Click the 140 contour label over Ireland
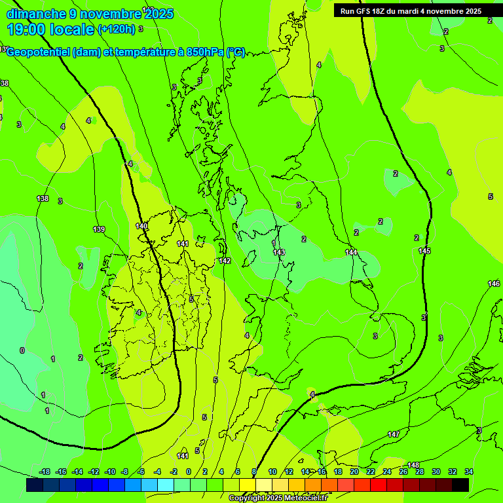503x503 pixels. (x=141, y=226)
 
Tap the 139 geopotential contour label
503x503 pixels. (x=99, y=229)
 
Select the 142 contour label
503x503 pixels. (x=225, y=261)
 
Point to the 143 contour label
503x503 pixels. (x=279, y=252)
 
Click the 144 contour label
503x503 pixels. (x=352, y=252)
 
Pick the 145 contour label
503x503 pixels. (x=424, y=251)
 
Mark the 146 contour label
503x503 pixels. (x=494, y=284)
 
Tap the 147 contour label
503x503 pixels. (x=394, y=434)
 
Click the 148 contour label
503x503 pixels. (x=413, y=465)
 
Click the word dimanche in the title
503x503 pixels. (x=35, y=14)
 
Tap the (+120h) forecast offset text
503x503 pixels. (x=116, y=29)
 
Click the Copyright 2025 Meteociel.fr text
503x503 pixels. (x=278, y=498)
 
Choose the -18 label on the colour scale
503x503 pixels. (x=45, y=472)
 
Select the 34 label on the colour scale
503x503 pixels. (x=469, y=472)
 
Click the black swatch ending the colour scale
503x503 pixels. (x=460, y=485)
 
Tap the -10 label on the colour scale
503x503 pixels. (x=110, y=472)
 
